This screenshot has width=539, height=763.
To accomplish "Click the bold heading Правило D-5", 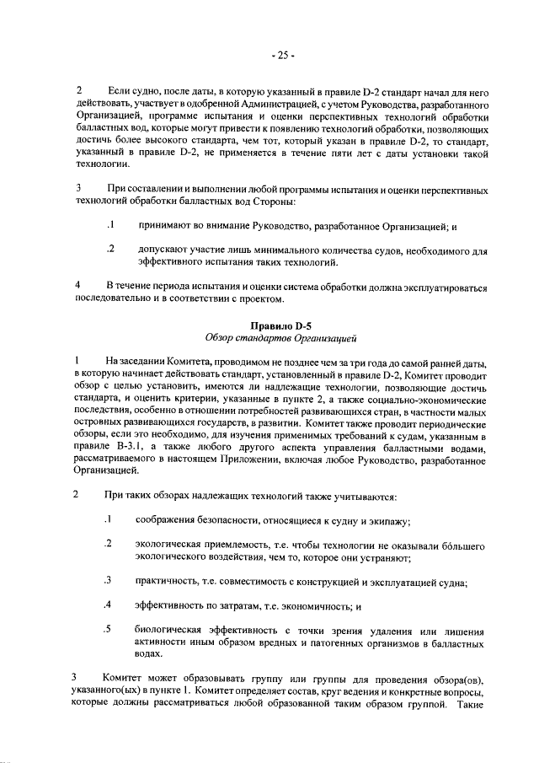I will [x=282, y=325].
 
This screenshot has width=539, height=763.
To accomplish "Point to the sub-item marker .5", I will [x=108, y=629].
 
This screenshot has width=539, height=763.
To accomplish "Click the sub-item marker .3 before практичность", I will [x=108, y=581].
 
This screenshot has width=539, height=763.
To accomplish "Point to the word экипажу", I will [x=389, y=522].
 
